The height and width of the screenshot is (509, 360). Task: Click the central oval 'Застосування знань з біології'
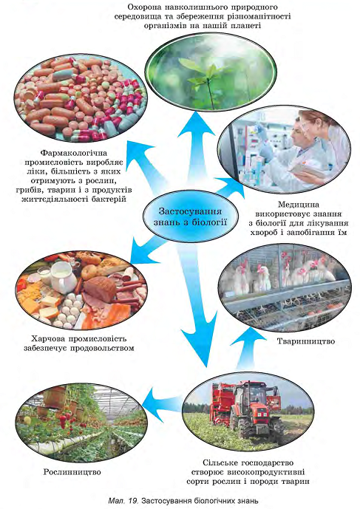tap(191, 217)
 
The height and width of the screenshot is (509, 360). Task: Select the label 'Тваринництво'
tap(306, 341)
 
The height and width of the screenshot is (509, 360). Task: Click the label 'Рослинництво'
tap(72, 472)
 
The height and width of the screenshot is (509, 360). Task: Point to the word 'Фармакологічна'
tap(74, 153)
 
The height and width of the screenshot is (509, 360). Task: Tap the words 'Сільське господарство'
tap(248, 462)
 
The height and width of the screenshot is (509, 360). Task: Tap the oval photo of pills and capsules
tap(81, 98)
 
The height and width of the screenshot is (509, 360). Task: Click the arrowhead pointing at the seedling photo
tap(197, 124)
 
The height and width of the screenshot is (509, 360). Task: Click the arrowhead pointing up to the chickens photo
tap(248, 338)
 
